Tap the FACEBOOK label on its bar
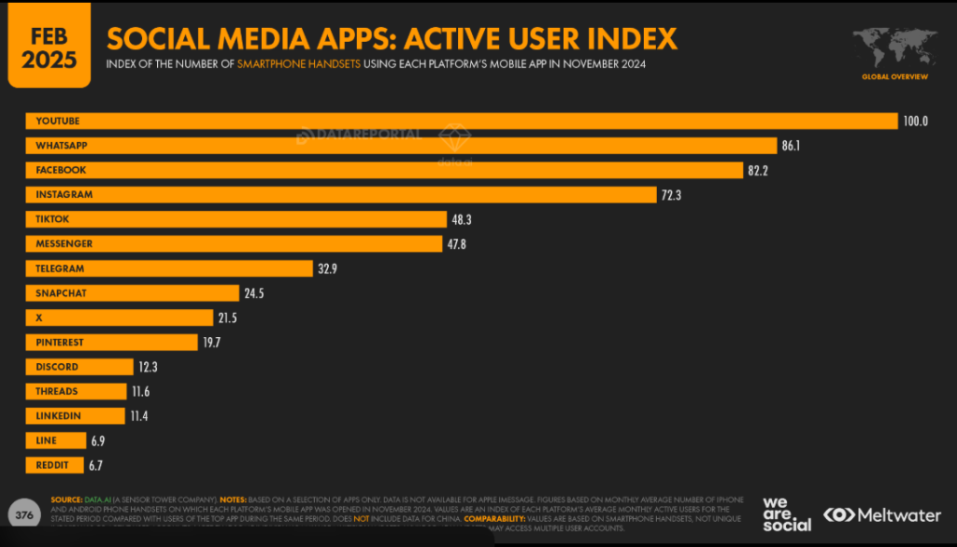point(61,170)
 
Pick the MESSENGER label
point(64,244)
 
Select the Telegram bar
point(168,268)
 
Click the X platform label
point(39,317)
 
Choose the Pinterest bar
point(112,342)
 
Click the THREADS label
point(57,391)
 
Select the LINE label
point(47,441)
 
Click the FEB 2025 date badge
point(50,45)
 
